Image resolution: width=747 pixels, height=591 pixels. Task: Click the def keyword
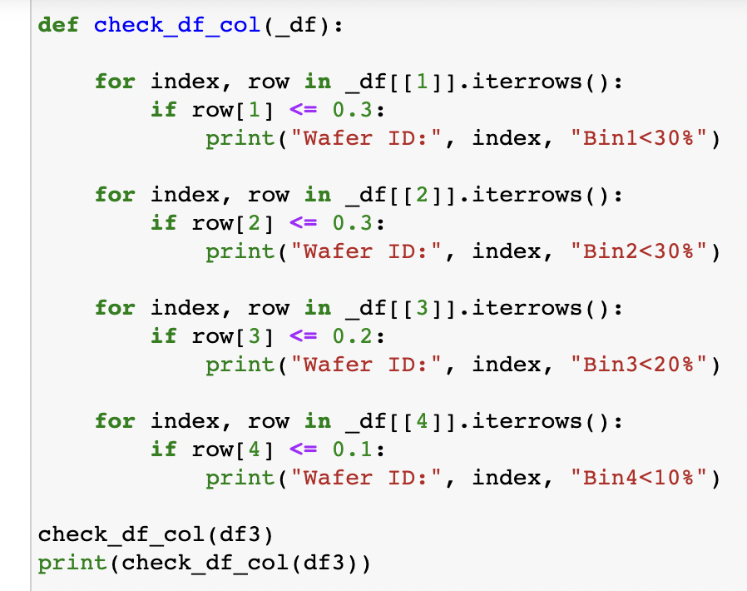[x=59, y=25]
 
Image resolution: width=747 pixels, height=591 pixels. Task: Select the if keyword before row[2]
[x=164, y=223]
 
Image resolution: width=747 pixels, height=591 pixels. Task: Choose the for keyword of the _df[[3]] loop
[x=115, y=308]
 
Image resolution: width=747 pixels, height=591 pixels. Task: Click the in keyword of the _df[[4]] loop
[x=318, y=421]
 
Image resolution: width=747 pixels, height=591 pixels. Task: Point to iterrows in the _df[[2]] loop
[x=536, y=195]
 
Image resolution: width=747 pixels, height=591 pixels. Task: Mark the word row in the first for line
[x=269, y=82]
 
